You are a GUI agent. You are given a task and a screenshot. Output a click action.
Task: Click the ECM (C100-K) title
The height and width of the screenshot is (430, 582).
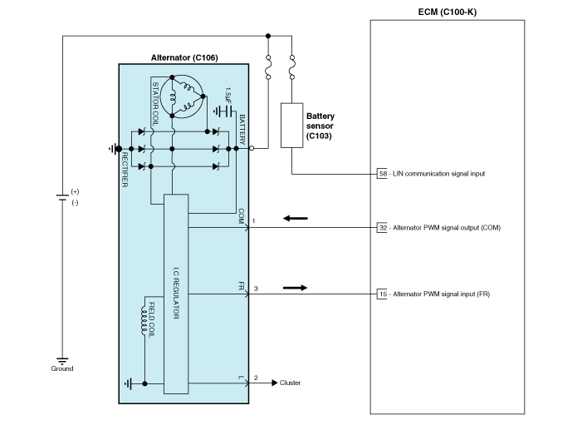(448, 12)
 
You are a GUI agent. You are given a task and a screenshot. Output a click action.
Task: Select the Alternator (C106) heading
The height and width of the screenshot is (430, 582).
(184, 57)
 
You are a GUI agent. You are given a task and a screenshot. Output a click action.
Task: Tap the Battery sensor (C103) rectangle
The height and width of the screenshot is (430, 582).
(291, 126)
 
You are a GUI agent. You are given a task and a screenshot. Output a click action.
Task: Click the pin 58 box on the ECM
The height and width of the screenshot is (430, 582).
(382, 174)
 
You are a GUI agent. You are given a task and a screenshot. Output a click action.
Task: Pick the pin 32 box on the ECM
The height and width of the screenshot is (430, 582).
(382, 228)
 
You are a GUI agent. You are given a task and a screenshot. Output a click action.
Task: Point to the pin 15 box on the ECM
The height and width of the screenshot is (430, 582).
(382, 294)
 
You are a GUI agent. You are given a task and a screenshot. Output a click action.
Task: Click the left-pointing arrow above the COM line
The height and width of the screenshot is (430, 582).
(296, 219)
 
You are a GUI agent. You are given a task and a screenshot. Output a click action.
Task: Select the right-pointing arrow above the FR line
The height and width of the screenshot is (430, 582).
(295, 288)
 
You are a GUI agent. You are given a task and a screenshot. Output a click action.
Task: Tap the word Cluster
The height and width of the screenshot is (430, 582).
(291, 383)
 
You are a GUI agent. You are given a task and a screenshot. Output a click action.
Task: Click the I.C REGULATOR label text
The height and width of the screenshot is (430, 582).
(176, 293)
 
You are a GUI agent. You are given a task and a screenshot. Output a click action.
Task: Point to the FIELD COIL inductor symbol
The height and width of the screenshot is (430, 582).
(144, 320)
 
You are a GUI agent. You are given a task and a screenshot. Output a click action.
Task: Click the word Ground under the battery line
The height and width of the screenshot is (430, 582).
(62, 368)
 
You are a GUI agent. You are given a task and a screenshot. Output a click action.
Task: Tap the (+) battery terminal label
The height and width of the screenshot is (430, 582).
(75, 191)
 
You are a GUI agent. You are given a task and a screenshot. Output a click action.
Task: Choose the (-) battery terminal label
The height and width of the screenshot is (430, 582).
(75, 202)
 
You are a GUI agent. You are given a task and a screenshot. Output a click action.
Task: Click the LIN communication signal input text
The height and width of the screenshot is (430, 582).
(438, 174)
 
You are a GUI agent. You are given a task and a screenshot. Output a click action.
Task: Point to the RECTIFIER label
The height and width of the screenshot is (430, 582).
(125, 170)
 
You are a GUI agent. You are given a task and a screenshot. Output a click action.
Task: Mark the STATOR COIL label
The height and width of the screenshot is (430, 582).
(155, 103)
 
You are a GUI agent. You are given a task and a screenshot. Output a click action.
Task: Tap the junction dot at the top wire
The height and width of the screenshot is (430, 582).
(268, 36)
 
